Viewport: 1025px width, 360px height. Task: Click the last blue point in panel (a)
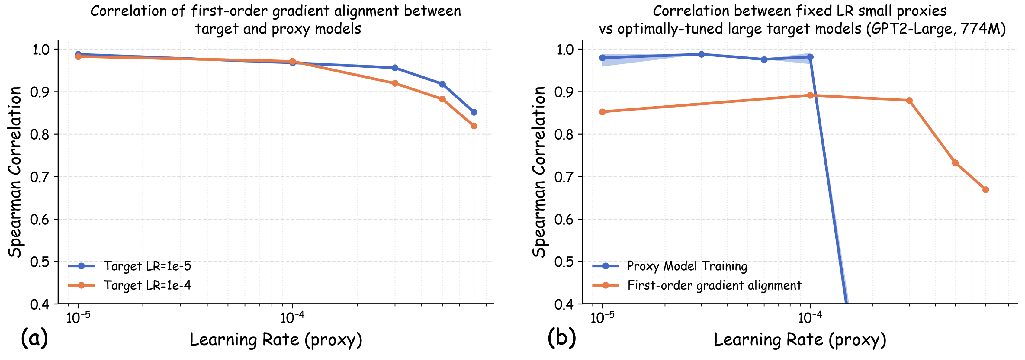pos(474,112)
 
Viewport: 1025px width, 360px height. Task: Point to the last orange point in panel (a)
pos(474,126)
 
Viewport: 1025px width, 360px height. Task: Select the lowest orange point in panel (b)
pos(985,190)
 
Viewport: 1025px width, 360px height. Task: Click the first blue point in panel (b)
pos(602,58)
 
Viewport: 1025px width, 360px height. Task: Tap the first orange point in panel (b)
pos(602,112)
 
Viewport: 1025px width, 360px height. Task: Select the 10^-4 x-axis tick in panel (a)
pos(292,318)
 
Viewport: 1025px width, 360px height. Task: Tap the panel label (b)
pos(561,339)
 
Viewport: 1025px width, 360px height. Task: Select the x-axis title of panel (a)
pos(276,340)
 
